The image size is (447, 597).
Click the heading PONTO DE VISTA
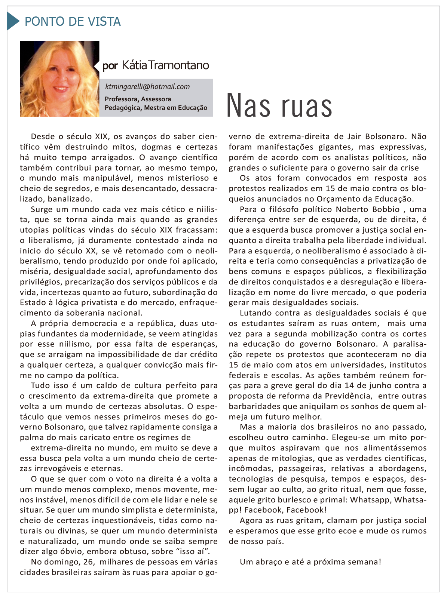(x=73, y=22)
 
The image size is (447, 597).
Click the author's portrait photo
(x=59, y=79)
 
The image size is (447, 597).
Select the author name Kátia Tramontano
(x=165, y=65)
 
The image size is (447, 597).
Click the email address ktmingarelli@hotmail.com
(x=147, y=87)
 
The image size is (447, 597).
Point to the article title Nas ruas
(x=279, y=106)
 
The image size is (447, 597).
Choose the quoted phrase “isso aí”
(x=193, y=551)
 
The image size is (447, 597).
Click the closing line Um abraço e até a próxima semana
(x=310, y=562)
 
